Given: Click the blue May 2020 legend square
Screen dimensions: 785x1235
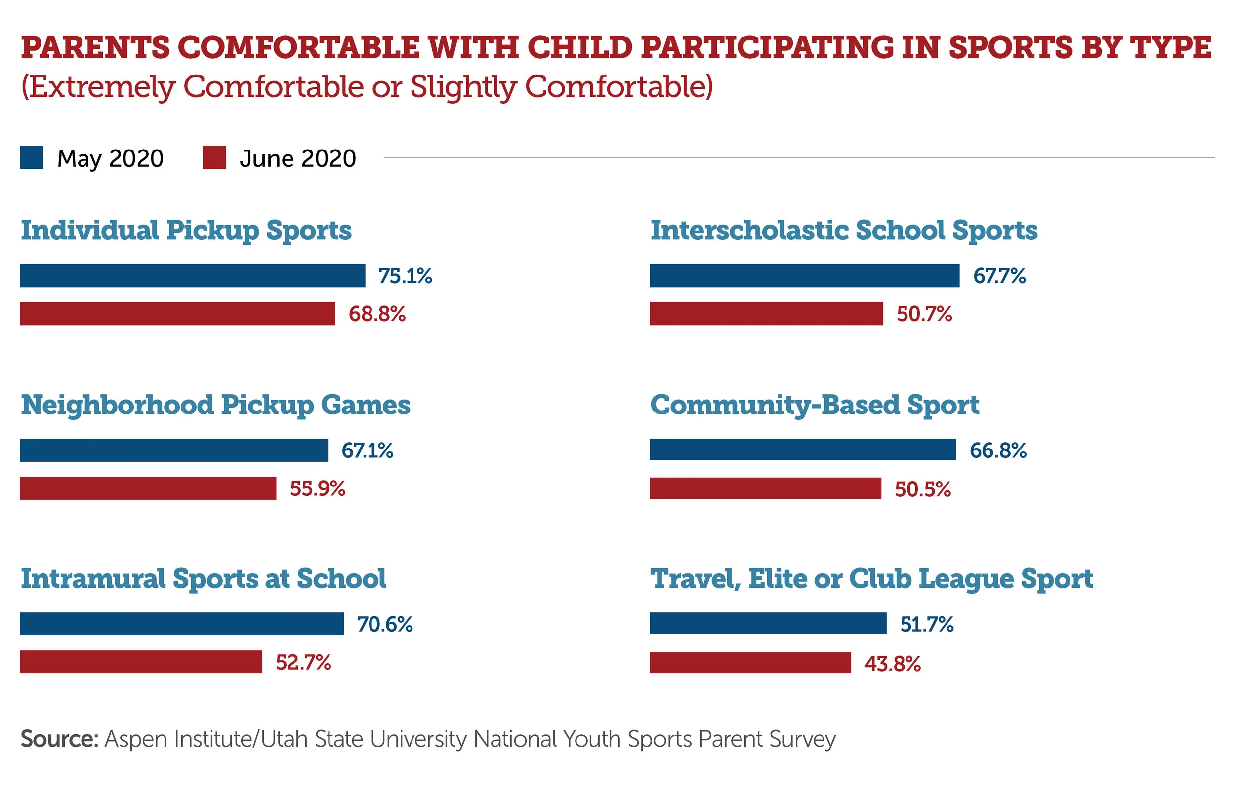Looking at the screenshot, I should click(x=31, y=157).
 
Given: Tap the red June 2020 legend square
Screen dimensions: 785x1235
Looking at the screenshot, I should click(x=214, y=157).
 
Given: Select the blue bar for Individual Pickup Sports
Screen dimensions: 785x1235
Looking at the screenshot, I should click(x=192, y=276).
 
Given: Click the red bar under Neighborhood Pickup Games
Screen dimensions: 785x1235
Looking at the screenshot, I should click(x=148, y=488).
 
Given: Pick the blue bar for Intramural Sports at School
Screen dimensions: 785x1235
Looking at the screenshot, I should click(x=182, y=624).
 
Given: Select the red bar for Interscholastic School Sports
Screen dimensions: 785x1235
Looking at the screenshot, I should click(x=766, y=314).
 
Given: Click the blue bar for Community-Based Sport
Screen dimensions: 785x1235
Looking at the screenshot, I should click(x=803, y=449).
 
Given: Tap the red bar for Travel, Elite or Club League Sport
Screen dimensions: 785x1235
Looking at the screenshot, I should click(x=750, y=663).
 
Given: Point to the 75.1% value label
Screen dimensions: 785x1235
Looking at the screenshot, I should click(x=405, y=276).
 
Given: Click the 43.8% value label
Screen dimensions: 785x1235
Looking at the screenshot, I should click(x=892, y=664).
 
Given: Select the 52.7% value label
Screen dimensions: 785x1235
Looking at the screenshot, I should click(x=303, y=663).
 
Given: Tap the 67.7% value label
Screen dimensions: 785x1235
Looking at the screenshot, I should click(x=999, y=276).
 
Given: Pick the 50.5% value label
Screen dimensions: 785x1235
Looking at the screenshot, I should click(x=923, y=489).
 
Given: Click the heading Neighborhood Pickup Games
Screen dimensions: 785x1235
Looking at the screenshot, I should click(x=215, y=405).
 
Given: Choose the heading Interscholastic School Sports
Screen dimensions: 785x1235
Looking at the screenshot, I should click(x=844, y=230).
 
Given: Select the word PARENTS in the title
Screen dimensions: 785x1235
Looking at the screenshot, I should click(x=95, y=47).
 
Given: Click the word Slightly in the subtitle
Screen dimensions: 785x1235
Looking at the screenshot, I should click(x=463, y=87).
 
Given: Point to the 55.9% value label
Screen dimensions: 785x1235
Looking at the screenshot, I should click(x=318, y=489).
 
